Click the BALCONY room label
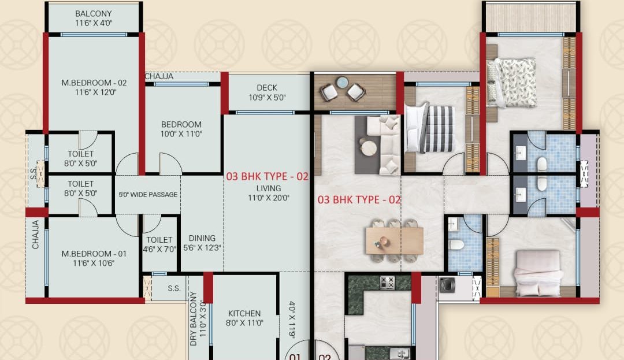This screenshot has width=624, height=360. (94, 13)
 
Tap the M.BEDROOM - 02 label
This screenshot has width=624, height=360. (94, 83)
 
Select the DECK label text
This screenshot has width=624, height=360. (267, 87)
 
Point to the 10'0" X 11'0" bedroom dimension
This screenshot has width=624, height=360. (181, 134)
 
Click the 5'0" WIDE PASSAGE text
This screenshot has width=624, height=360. (148, 195)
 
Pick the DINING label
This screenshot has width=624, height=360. (202, 238)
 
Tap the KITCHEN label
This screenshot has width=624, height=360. (244, 313)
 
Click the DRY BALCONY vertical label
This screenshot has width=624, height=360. (194, 318)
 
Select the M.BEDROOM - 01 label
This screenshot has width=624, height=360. (94, 254)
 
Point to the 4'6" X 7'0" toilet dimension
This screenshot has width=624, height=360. (159, 250)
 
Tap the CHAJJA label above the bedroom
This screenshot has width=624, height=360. (159, 76)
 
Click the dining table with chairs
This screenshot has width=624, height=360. (394, 240)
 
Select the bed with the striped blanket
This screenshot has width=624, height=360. (429, 128)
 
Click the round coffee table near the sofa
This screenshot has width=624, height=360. (369, 148)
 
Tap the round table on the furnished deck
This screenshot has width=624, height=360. (342, 82)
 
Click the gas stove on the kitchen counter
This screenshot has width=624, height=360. (387, 283)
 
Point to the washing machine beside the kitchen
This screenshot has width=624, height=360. (447, 285)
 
